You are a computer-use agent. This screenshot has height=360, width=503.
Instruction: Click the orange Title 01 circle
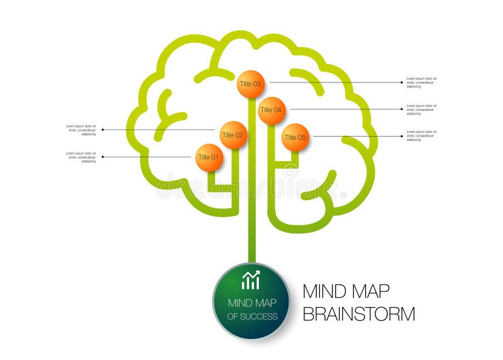pyautogui.click(x=209, y=157)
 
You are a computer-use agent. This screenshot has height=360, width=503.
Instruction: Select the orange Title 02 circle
pyautogui.click(x=233, y=135)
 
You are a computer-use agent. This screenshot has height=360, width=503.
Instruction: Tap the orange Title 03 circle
pyautogui.click(x=251, y=84)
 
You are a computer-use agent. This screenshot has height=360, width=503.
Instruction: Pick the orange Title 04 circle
pyautogui.click(x=272, y=110)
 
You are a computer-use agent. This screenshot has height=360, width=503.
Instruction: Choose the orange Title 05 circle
pyautogui.click(x=295, y=137)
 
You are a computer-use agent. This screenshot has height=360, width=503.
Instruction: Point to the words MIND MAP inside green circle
pyautogui.click(x=251, y=302)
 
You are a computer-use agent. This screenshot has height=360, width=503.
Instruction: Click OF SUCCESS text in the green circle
pyautogui.click(x=251, y=316)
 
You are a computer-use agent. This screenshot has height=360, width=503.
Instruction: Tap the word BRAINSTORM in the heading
pyautogui.click(x=358, y=313)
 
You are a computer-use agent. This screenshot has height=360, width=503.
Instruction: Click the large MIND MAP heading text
pyautogui.click(x=346, y=291)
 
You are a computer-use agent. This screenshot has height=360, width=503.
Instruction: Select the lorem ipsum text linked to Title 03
pyautogui.click(x=421, y=82)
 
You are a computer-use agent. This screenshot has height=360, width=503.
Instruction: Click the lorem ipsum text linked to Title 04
pyautogui.click(x=421, y=110)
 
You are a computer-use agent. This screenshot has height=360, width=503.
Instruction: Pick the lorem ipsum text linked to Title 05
pyautogui.click(x=421, y=135)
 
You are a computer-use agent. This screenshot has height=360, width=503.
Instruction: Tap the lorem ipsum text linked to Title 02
pyautogui.click(x=81, y=130)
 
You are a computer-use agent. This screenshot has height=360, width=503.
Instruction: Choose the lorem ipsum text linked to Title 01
pyautogui.click(x=81, y=157)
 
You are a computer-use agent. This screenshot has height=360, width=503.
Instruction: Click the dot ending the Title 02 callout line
pyautogui.click(x=102, y=130)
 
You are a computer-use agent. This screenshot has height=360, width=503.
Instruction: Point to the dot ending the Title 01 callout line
pyautogui.click(x=102, y=157)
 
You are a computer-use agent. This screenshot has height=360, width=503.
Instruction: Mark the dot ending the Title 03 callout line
pyautogui.click(x=402, y=82)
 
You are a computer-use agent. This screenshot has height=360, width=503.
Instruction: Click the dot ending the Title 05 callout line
pyautogui.click(x=402, y=135)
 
